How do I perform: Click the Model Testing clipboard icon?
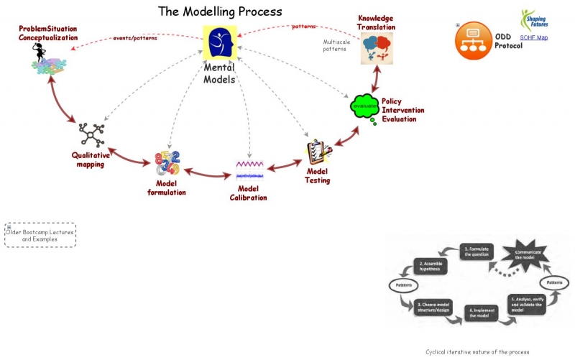point(318,152)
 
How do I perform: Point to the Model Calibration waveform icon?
point(249,170)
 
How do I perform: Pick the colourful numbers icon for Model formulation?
point(167,164)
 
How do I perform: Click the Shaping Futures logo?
point(533,19)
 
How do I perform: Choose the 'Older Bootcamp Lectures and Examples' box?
point(40,235)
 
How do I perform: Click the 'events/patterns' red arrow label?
point(137,37)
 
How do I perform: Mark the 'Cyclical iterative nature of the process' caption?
point(477,352)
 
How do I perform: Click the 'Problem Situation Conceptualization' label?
point(48,33)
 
